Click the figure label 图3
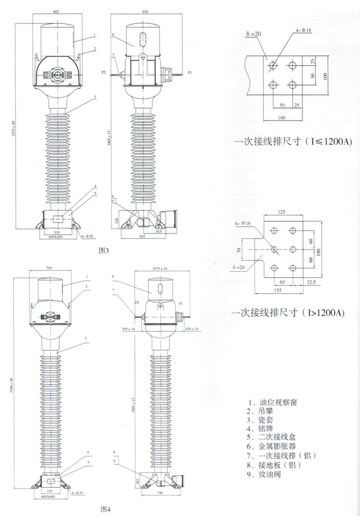[x=104, y=248]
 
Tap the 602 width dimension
[x=57, y=11]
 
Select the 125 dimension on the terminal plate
[x=282, y=211]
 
